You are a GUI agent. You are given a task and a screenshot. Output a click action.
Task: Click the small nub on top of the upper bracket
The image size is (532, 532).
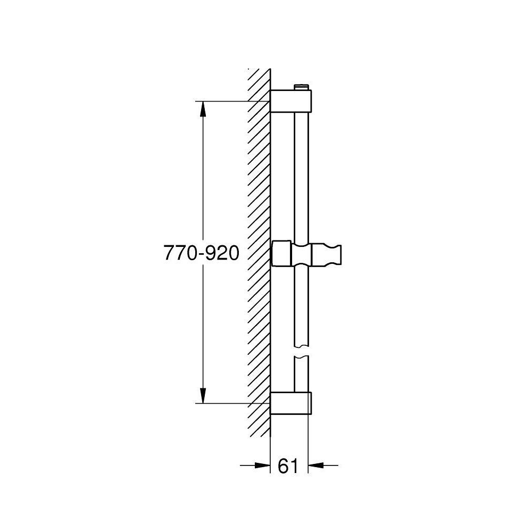[302, 87]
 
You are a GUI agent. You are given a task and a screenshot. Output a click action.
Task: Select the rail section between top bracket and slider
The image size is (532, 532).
[301, 176]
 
